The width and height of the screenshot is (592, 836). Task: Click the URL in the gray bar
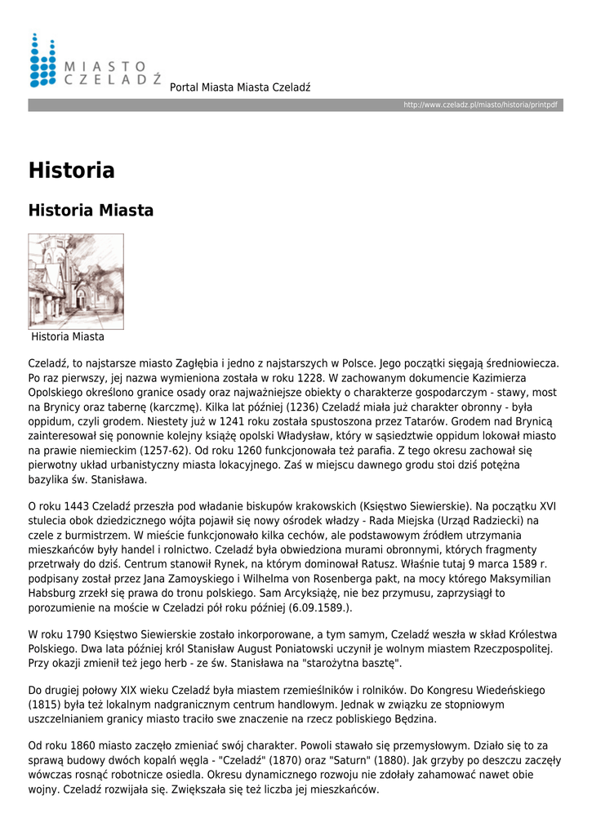point(480,106)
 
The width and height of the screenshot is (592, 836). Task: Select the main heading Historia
point(72,171)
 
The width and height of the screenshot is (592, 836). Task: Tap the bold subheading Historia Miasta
point(91,211)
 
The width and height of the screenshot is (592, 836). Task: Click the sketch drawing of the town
point(76,281)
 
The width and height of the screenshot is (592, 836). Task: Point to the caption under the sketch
point(68,336)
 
